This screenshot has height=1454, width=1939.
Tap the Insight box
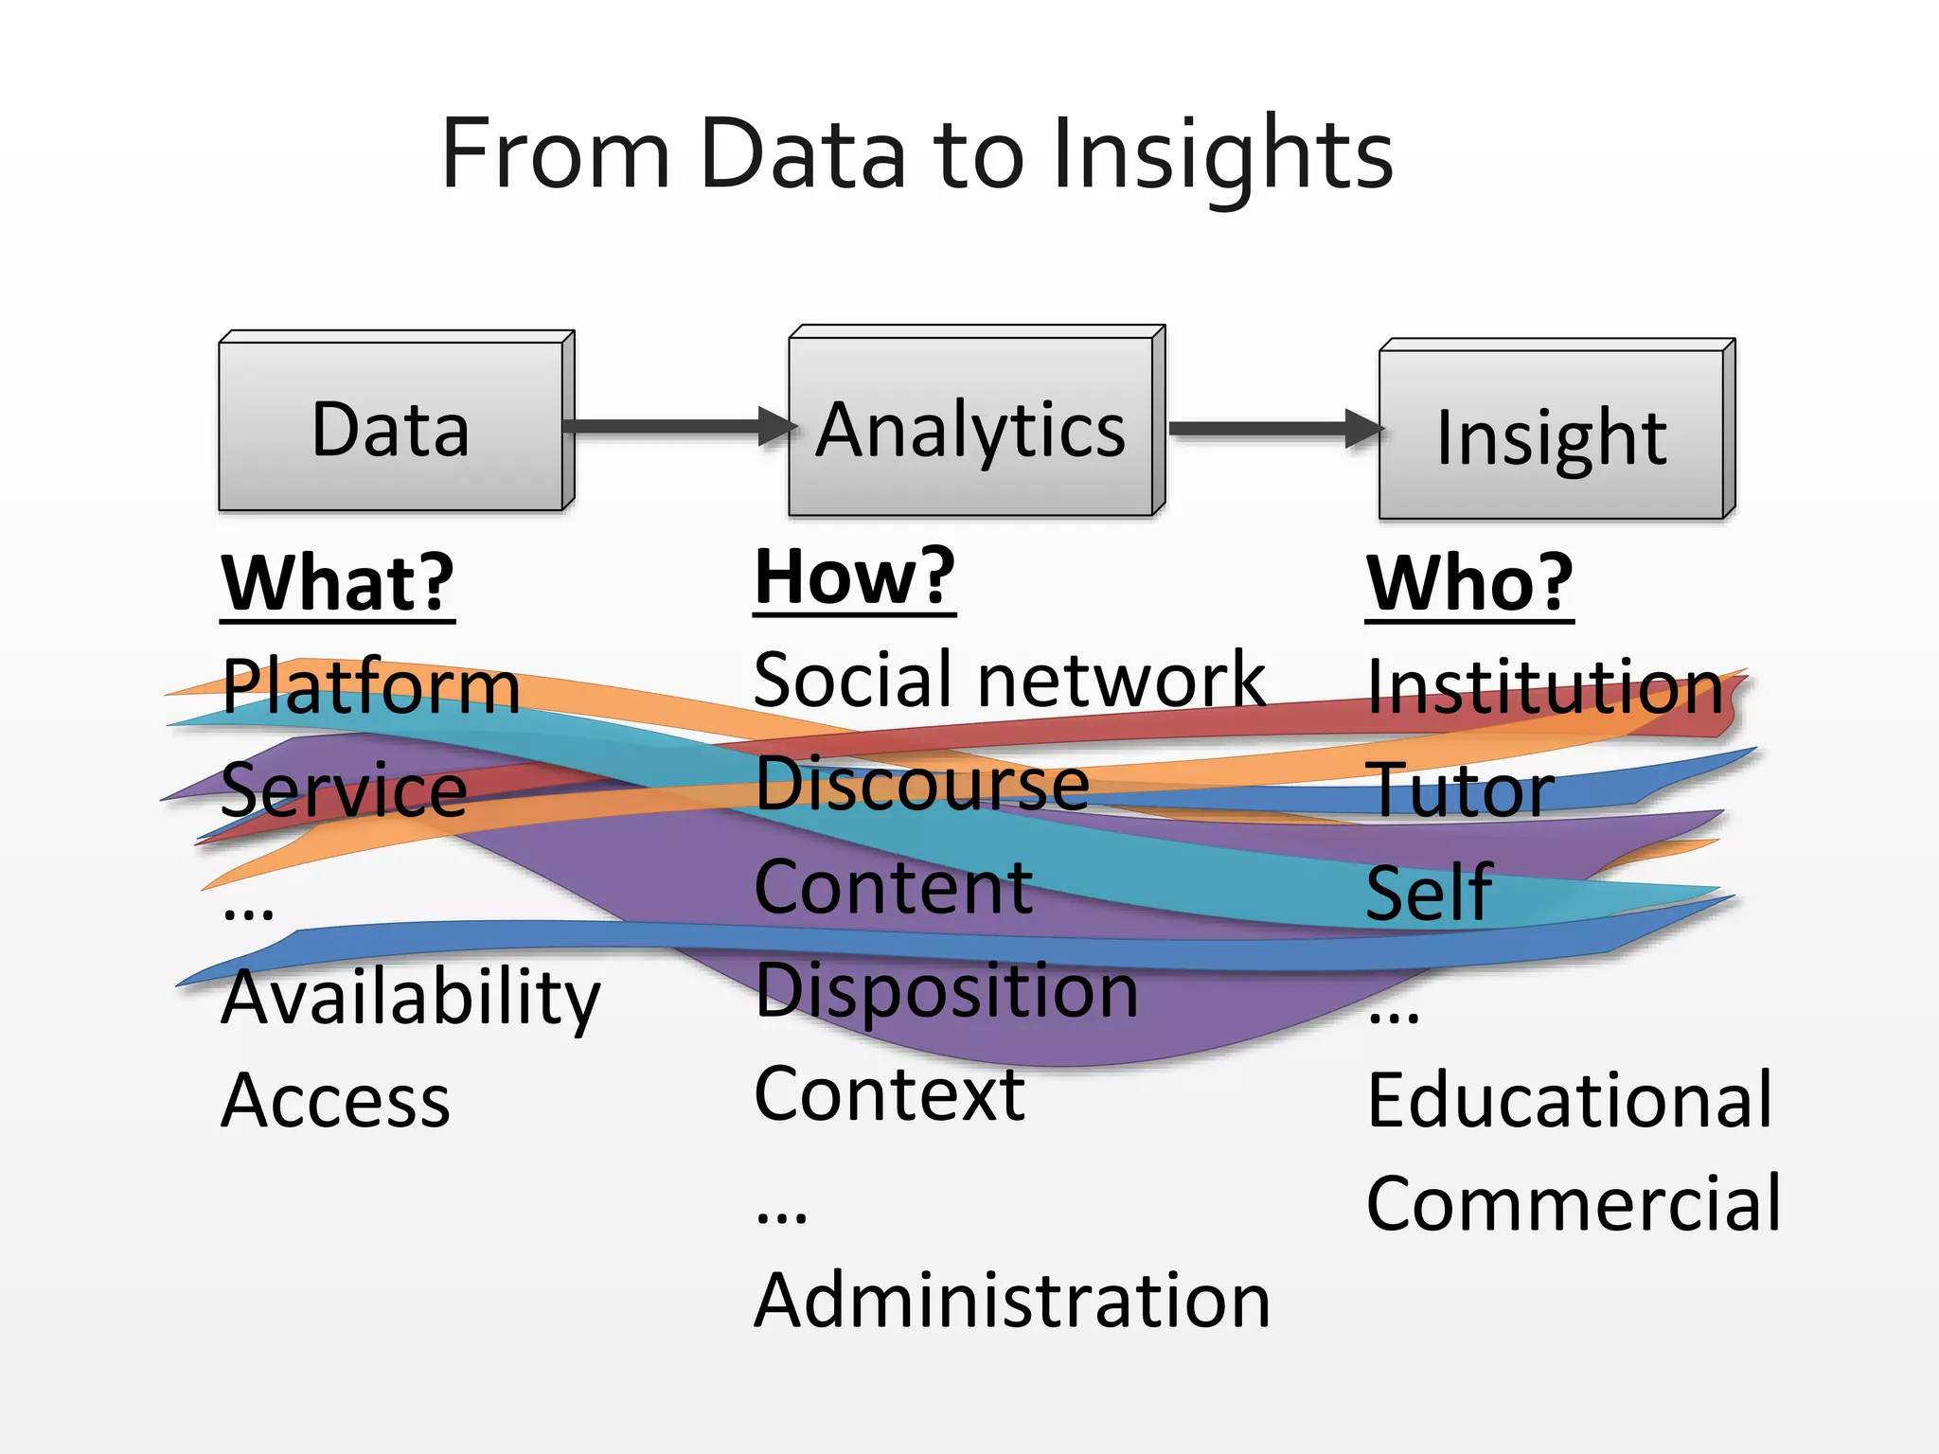pyautogui.click(x=1552, y=436)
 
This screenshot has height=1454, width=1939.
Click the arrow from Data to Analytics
pyautogui.click(x=678, y=426)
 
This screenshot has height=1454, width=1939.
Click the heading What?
pyautogui.click(x=338, y=584)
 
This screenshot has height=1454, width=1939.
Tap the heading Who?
pyautogui.click(x=1469, y=584)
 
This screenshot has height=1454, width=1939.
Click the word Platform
pyautogui.click(x=370, y=686)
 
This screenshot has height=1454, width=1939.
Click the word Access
pyautogui.click(x=336, y=1101)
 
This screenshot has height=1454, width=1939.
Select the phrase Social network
pyautogui.click(x=1009, y=680)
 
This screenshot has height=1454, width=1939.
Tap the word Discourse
pyautogui.click(x=922, y=785)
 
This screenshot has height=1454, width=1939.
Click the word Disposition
pyautogui.click(x=947, y=991)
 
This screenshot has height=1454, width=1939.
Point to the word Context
pyautogui.click(x=889, y=1094)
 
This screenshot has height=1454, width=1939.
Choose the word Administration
pyautogui.click(x=1011, y=1301)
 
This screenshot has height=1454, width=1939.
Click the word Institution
pyautogui.click(x=1545, y=686)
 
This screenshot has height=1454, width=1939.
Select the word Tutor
pyautogui.click(x=1459, y=789)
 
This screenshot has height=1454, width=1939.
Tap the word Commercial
pyautogui.click(x=1574, y=1203)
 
